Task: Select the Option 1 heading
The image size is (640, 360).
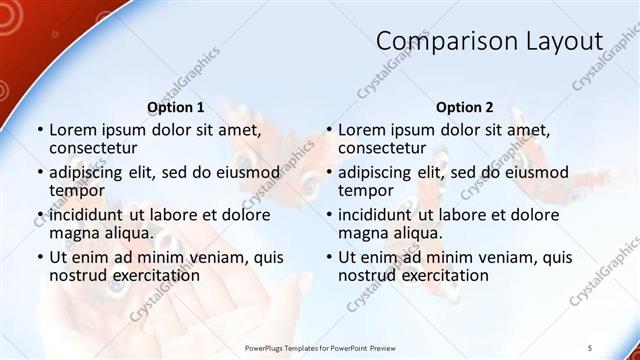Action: coord(176,107)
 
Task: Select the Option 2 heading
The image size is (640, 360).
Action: coord(464,107)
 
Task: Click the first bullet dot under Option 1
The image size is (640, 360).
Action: coord(39,130)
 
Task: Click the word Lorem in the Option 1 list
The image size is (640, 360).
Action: coord(72,129)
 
